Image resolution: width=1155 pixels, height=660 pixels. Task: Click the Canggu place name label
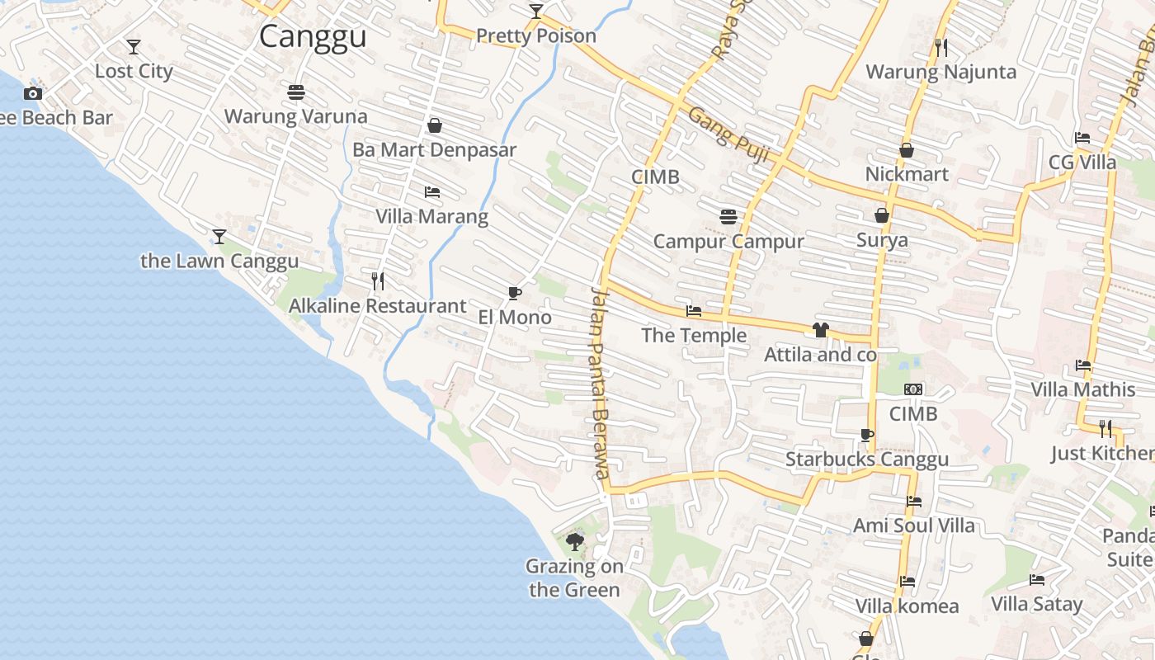tap(313, 37)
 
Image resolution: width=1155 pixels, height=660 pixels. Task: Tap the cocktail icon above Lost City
tap(133, 47)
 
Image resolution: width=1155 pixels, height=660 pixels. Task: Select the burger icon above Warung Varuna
tap(296, 92)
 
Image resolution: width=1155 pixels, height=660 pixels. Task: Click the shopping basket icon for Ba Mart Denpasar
tap(434, 125)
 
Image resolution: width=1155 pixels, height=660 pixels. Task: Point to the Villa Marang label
tap(431, 217)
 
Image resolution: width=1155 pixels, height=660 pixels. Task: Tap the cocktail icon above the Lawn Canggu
tap(219, 237)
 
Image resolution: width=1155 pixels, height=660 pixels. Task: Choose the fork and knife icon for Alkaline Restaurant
tap(378, 281)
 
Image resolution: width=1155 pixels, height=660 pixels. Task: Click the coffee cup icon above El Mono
tap(514, 293)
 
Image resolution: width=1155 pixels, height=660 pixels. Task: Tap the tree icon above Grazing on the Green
tap(574, 542)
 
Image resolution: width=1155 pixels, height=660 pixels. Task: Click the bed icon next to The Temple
tap(694, 311)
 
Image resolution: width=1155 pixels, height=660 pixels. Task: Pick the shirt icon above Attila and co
tap(820, 330)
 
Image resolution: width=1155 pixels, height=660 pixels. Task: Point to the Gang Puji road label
tap(722, 128)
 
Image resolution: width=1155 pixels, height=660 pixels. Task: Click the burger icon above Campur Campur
tap(728, 217)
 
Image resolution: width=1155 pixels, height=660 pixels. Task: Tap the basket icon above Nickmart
tap(906, 150)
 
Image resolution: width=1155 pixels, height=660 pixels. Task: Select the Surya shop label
tap(882, 241)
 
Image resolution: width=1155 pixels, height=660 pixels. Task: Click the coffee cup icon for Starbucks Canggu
tap(866, 435)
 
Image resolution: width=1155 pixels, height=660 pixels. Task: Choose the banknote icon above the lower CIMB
tap(912, 389)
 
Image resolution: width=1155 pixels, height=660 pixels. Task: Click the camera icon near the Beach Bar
tap(33, 93)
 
